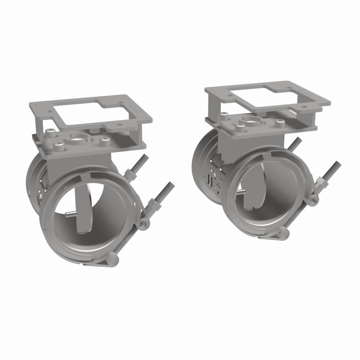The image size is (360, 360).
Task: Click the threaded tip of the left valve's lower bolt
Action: [171, 185]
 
